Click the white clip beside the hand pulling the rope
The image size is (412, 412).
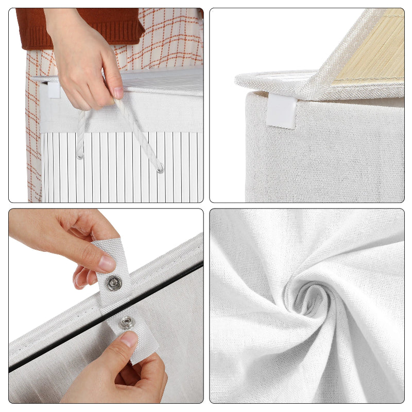pos(54,90)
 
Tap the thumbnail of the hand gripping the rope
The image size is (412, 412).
pos(118,93)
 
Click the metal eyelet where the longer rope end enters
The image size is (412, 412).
pos(160,168)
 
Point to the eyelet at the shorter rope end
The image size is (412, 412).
pos(80,155)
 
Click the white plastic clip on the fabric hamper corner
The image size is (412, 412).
pos(281,111)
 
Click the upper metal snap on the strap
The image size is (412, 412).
pos(114,282)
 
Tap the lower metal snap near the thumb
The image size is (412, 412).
pos(126,323)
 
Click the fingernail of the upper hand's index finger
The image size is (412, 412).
pos(107,263)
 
